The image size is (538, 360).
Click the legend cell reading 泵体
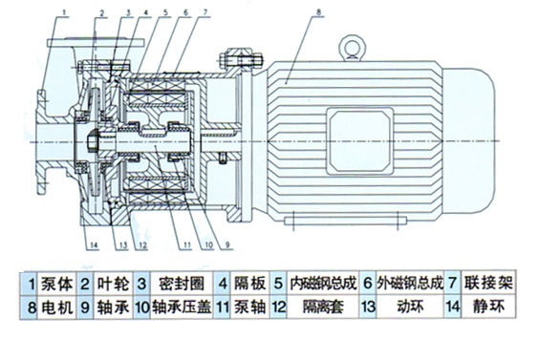(54, 284)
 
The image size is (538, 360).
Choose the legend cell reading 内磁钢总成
(321, 284)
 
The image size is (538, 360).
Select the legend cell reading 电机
(54, 308)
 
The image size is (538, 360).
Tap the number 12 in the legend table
(279, 308)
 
